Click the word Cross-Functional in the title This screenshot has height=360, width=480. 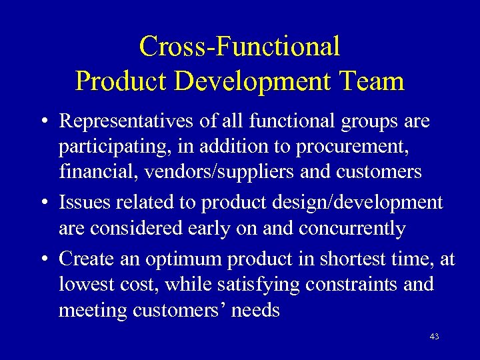click(239, 47)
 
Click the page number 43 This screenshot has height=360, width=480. click(434, 337)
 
